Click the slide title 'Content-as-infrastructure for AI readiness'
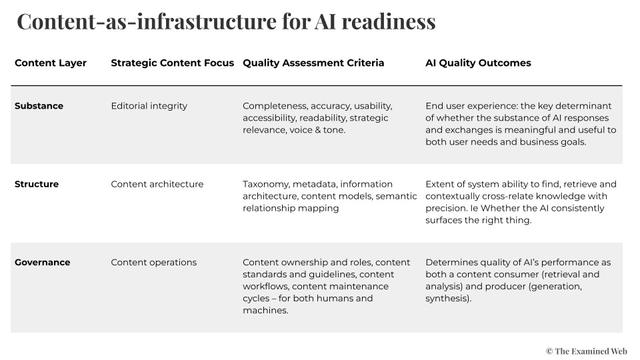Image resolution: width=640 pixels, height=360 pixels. tap(226, 21)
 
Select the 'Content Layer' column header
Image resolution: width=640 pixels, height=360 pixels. tap(51, 63)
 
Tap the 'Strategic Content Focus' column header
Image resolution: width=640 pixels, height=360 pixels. tap(173, 63)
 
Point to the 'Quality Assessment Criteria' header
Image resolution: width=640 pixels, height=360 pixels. tap(313, 63)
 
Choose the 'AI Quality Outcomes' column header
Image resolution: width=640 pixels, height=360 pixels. tap(478, 63)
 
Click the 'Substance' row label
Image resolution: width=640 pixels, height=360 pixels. tap(39, 106)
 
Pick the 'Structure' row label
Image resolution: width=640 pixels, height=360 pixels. tap(37, 185)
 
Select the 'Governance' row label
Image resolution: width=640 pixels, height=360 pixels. tap(42, 263)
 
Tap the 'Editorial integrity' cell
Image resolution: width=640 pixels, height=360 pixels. tap(149, 106)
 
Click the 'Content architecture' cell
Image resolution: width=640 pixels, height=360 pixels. tap(157, 185)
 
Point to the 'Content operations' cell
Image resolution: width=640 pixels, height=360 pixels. tap(153, 263)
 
